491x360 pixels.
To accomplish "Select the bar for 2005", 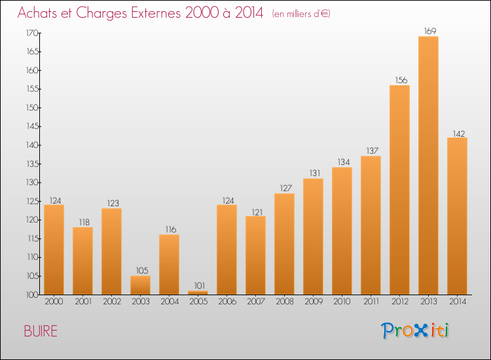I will (x=198, y=293).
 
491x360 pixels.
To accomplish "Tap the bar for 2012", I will (x=399, y=190).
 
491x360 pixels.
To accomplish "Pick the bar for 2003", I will (x=140, y=285).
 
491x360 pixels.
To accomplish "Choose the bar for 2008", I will (x=284, y=243).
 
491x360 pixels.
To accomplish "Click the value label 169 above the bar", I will (x=428, y=30).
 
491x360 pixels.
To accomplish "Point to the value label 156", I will (x=399, y=79).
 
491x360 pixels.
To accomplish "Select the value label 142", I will (x=457, y=132).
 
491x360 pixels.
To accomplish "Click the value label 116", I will (x=169, y=228).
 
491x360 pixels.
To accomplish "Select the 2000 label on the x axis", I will (x=54, y=302).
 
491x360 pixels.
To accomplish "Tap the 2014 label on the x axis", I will (x=457, y=302).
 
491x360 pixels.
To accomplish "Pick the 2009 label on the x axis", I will (x=313, y=302).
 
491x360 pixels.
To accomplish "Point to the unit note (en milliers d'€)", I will (x=301, y=14).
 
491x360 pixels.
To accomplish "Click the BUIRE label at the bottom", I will (x=41, y=331).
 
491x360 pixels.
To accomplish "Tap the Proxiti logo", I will (x=414, y=331).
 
